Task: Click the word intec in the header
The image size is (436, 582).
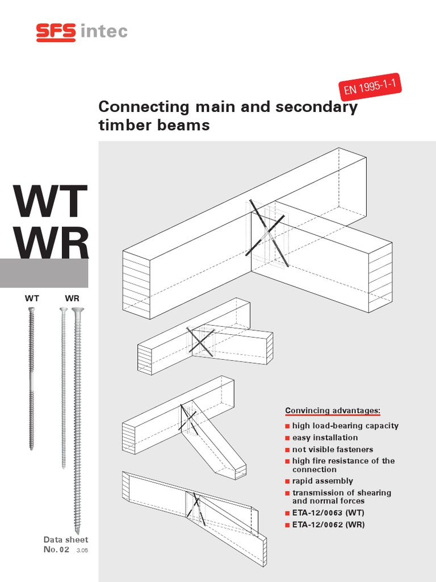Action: coord(104,32)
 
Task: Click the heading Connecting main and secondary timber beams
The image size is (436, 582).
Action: coord(228,115)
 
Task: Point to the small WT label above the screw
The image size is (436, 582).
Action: coord(32,298)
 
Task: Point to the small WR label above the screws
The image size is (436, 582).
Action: coord(72,298)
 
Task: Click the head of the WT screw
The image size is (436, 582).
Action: coord(32,310)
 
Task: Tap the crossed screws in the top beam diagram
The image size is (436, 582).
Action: coord(267,233)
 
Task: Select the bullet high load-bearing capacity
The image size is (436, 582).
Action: coord(345,426)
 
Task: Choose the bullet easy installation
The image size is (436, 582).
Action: coord(325,438)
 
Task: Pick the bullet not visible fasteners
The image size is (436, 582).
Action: coord(332,450)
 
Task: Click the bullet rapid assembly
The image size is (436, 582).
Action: coord(322,481)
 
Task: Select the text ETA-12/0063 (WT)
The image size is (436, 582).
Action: coord(328,513)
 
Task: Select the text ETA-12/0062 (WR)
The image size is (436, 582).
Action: coord(328,525)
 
